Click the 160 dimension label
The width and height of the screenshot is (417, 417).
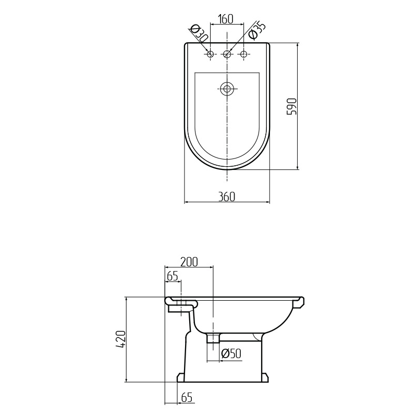click(226, 19)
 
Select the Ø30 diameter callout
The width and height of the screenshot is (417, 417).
click(199, 34)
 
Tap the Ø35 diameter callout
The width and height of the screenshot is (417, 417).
click(256, 31)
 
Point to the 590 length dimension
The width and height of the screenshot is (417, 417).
click(291, 106)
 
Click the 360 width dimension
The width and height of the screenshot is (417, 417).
click(227, 197)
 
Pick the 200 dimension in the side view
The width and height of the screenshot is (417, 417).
click(189, 262)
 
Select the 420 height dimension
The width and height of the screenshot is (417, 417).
click(121, 339)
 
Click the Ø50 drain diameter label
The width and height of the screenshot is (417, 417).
click(231, 353)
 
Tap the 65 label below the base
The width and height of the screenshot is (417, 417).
click(187, 398)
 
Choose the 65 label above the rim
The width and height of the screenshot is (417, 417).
click(172, 276)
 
